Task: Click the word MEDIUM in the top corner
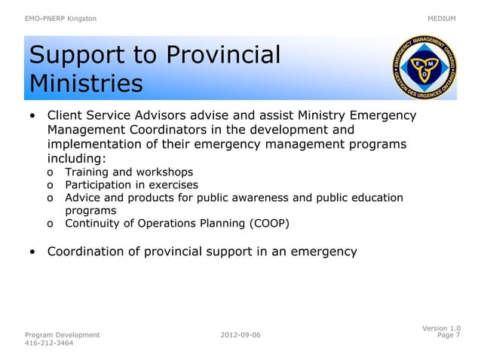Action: point(442,18)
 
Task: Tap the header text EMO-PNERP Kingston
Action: point(60,18)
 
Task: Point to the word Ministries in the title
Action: point(85,83)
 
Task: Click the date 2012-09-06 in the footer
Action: point(241,334)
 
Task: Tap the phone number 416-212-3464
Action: point(50,343)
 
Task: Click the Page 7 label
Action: point(449,335)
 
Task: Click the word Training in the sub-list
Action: point(87,172)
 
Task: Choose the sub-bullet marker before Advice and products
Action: point(50,198)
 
